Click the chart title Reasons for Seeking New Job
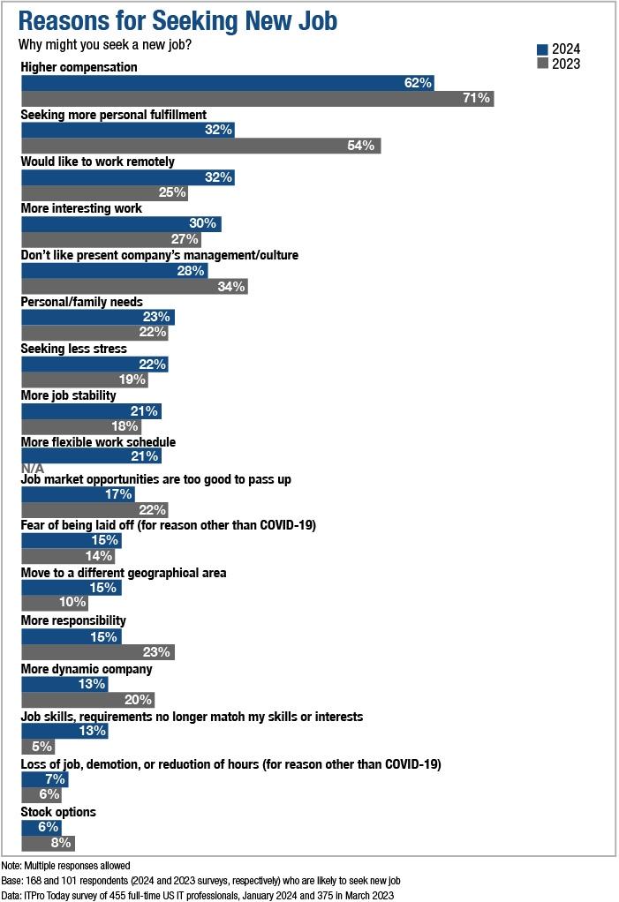tap(177, 19)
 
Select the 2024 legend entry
tap(558, 49)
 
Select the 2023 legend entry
tap(558, 64)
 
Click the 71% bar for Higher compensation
tap(257, 98)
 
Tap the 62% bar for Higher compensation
tap(227, 82)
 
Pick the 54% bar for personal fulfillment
tap(200, 146)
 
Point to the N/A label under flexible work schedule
tap(32, 468)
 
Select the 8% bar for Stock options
tap(48, 842)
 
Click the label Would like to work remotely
tap(97, 162)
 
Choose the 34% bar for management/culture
tap(133, 286)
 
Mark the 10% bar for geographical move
tap(55, 603)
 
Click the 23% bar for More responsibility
tap(97, 652)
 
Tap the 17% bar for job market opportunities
tap(78, 494)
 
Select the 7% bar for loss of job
tap(44, 779)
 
